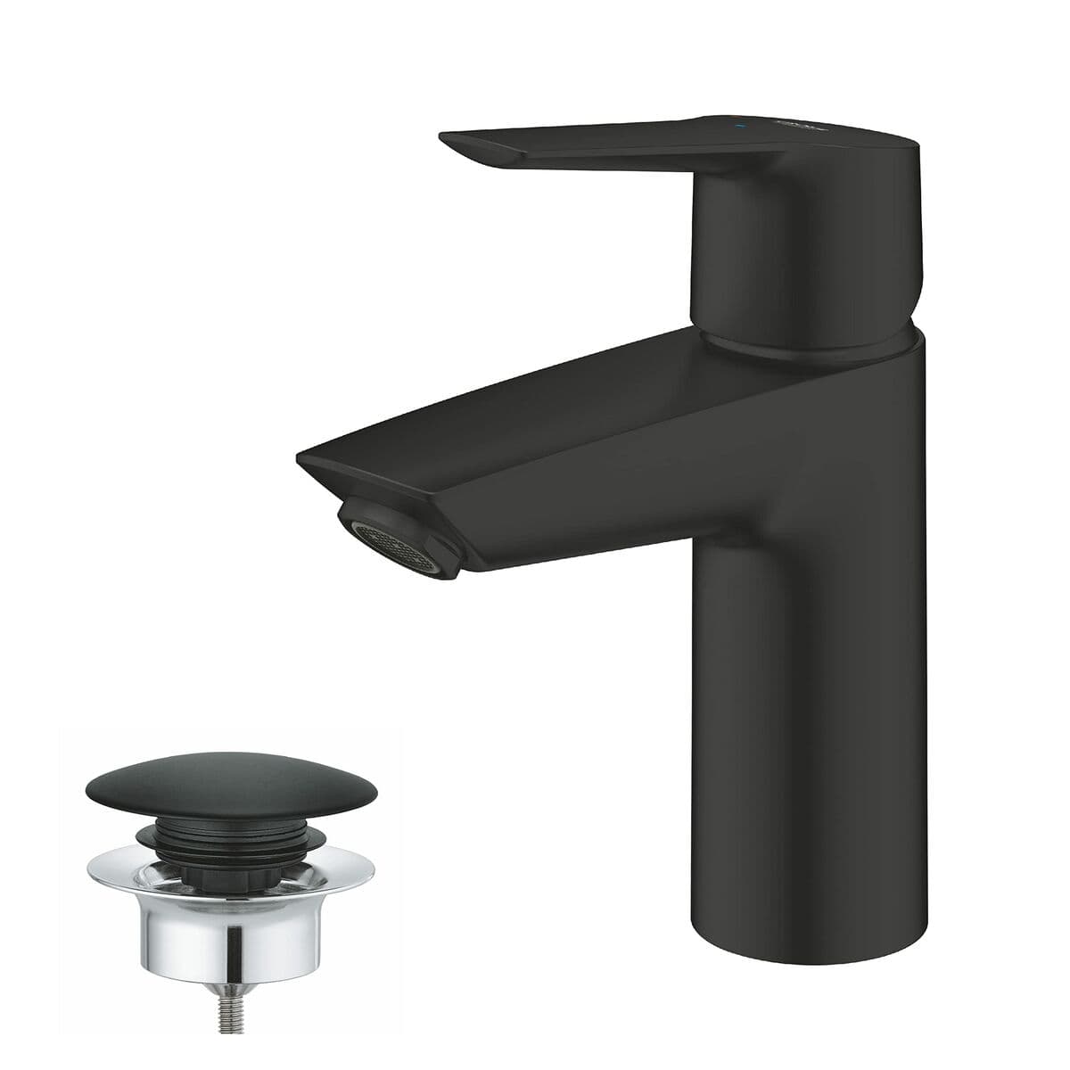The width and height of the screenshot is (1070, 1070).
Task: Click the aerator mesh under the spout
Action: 398,540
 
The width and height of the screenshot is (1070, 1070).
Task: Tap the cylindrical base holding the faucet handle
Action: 785,259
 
